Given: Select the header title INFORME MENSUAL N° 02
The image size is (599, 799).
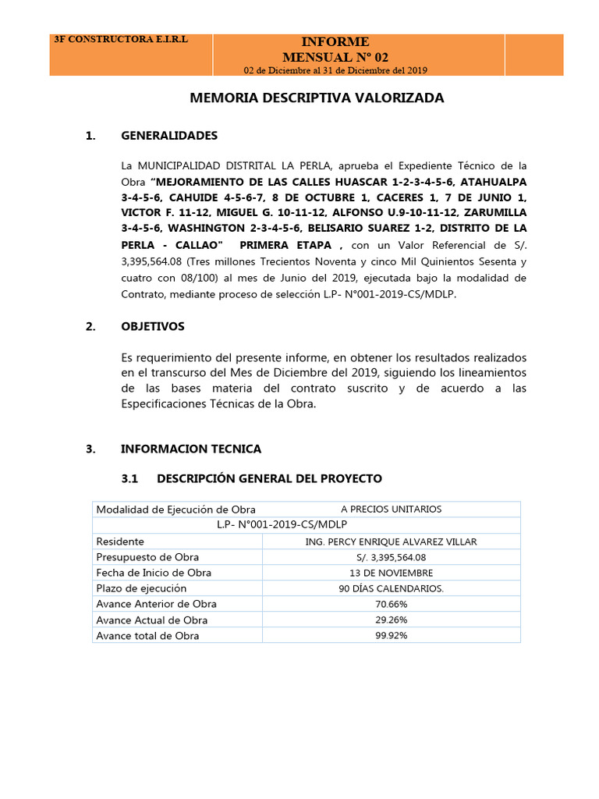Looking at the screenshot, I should pos(335,49).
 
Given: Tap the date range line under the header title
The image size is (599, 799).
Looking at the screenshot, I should pos(335,70).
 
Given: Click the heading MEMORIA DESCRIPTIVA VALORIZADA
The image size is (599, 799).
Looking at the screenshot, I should pos(317,98).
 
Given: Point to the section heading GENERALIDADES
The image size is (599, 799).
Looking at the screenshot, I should pos(169,136).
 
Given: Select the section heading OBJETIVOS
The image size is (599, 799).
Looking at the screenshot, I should pos(153,326).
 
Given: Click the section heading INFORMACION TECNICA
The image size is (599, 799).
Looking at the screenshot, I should pos(191,449).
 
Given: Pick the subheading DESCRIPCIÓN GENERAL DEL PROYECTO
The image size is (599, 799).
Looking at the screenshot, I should pos(269,478).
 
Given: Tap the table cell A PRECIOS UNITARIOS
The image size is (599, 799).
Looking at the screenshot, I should pos(391,510).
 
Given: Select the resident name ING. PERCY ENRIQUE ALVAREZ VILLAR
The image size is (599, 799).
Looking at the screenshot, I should pos(391,542).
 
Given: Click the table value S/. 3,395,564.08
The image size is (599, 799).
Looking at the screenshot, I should pos(391,557).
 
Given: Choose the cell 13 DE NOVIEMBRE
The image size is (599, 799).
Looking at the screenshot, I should pos(391,573).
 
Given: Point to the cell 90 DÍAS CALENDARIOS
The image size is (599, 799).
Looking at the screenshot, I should pos(391,588).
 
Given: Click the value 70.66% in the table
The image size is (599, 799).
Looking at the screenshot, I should pos(391,604).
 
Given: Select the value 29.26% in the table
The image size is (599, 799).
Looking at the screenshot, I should pos(391,620).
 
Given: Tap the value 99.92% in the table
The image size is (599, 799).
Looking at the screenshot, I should pos(391,635).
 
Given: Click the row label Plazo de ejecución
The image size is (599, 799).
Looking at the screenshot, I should pos(141,588).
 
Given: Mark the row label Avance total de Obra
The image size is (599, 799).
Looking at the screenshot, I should pos(147,635).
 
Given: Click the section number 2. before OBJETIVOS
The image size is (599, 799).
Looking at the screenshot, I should pos(90,326).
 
